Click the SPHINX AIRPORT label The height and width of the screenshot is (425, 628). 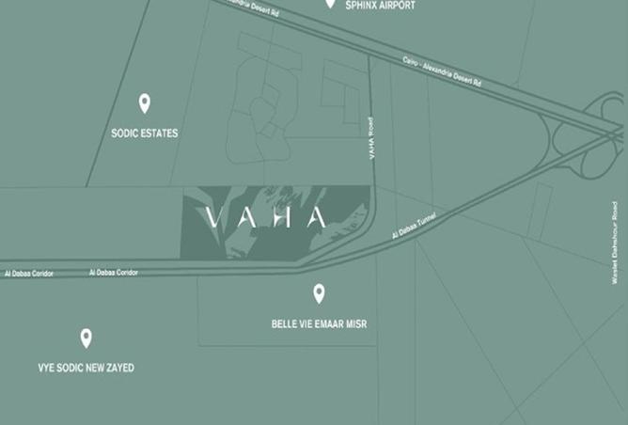tap(381, 5)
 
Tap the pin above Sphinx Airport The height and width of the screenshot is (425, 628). tap(330, 3)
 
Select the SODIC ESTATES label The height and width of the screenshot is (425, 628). tap(145, 134)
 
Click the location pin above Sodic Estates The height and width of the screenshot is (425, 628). tap(144, 102)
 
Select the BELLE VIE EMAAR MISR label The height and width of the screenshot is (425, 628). tap(319, 324)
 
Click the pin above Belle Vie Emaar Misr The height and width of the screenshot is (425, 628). tap(319, 293)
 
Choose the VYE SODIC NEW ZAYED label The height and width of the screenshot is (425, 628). tap(86, 368)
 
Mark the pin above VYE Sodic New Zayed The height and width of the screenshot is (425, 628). tap(86, 337)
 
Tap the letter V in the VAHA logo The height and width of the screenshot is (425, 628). tap(213, 218)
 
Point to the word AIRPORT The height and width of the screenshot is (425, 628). tap(397, 5)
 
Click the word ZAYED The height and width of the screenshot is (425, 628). tap(119, 368)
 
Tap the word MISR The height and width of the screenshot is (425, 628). tap(356, 324)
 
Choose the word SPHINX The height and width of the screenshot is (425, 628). tap(361, 5)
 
